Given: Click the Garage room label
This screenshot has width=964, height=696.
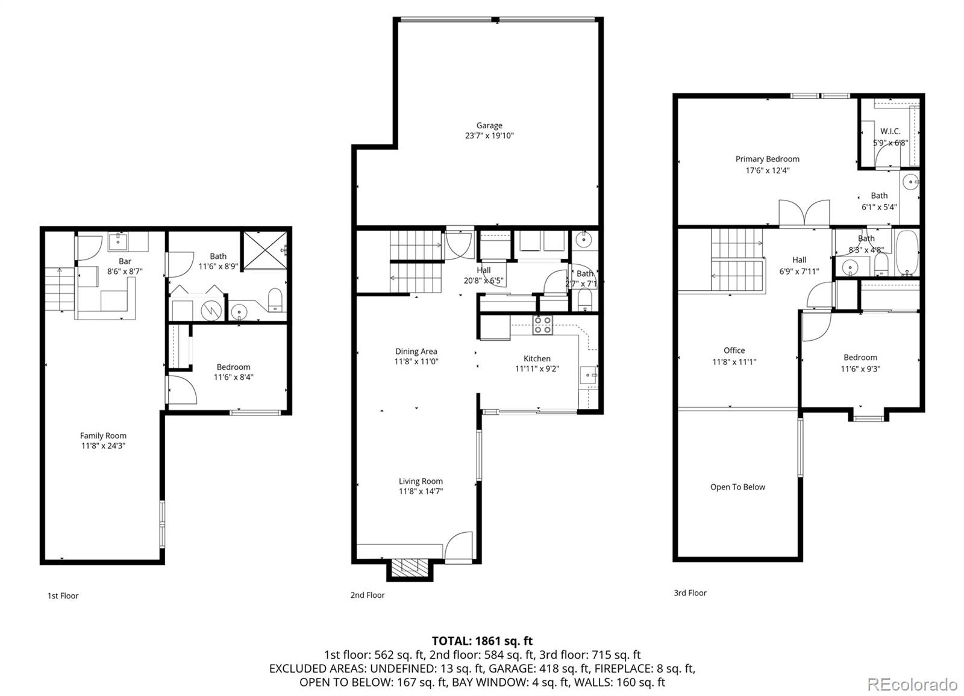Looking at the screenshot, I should pyautogui.click(x=489, y=125).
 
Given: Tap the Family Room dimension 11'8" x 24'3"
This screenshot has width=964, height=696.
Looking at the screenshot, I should pyautogui.click(x=103, y=446).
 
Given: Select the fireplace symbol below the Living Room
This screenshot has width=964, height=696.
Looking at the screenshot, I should pyautogui.click(x=410, y=568).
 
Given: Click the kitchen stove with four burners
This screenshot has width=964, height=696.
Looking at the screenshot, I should pyautogui.click(x=542, y=325).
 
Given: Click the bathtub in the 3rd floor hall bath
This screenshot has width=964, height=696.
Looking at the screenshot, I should pyautogui.click(x=906, y=252).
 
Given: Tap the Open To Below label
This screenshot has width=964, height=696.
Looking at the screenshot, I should pyautogui.click(x=737, y=487).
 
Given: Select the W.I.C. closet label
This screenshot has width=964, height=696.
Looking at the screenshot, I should pyautogui.click(x=890, y=131).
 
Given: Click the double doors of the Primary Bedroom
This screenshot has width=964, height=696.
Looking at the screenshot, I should pyautogui.click(x=804, y=214).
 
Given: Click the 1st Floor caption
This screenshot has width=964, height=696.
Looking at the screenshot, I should pyautogui.click(x=63, y=595).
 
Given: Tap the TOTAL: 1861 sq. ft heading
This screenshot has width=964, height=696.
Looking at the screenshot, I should pyautogui.click(x=482, y=641).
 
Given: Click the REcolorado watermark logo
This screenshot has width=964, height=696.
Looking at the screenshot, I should pyautogui.click(x=912, y=685).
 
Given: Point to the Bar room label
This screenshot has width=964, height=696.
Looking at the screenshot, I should pyautogui.click(x=125, y=261).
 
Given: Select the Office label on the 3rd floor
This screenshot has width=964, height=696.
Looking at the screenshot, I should pyautogui.click(x=734, y=350).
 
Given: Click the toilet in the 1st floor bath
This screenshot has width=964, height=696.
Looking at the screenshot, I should pyautogui.click(x=275, y=299).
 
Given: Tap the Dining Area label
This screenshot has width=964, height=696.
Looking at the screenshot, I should pyautogui.click(x=416, y=352).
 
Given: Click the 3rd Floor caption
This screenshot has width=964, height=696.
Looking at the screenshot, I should pyautogui.click(x=690, y=593).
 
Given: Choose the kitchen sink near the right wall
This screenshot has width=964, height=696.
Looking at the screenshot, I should pyautogui.click(x=588, y=375).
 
